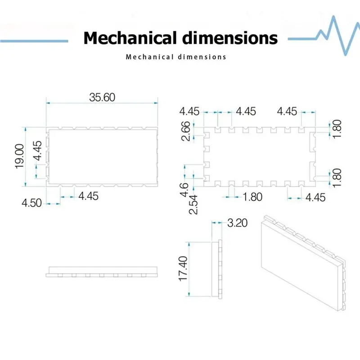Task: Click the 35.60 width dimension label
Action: click(102, 97)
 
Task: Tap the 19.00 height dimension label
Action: click(19, 156)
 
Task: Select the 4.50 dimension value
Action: click(31, 203)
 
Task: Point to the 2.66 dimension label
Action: click(186, 131)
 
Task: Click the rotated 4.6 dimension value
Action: click(184, 190)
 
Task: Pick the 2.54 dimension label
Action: click(193, 204)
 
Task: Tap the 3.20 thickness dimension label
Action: click(238, 223)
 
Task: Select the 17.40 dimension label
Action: click(183, 269)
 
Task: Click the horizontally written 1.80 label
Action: click(252, 197)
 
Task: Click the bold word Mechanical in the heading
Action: click(131, 38)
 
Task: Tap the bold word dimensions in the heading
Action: click(230, 38)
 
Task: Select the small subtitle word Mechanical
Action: click(149, 57)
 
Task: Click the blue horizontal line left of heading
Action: click(34, 41)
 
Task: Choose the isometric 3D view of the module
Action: click(303, 263)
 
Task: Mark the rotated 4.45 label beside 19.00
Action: click(37, 151)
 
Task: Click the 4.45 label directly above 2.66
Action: click(189, 111)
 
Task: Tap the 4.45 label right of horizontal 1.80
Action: click(315, 198)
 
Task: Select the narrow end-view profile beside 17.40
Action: click(217, 269)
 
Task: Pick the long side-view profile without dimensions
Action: click(102, 272)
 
